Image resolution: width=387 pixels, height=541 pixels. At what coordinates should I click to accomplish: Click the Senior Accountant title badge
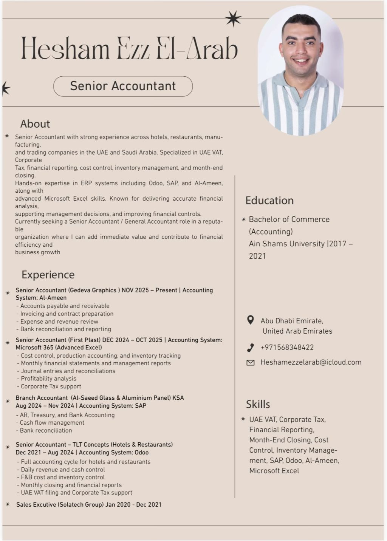coord(123,86)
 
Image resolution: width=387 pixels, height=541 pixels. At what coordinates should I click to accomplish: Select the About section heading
coord(35,124)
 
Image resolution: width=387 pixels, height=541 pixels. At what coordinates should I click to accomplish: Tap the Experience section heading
coord(48,275)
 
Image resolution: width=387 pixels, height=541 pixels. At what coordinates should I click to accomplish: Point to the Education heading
coord(269,200)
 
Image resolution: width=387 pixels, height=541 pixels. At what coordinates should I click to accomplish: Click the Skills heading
coord(258,404)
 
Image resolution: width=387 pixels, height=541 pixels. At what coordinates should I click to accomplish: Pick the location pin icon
coord(250,320)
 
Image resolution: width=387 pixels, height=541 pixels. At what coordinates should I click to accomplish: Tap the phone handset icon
coord(250,348)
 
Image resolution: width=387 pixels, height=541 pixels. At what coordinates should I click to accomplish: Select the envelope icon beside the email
coord(250,363)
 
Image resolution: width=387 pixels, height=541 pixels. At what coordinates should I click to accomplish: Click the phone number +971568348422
coord(287,348)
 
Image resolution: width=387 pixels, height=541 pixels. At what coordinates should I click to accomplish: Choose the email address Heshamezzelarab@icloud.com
coord(311,362)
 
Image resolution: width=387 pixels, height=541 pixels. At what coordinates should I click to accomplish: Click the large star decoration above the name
coord(233,19)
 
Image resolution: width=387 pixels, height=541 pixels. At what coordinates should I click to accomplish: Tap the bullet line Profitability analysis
coord(48,379)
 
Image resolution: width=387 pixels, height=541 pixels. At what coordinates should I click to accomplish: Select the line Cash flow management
coord(52,423)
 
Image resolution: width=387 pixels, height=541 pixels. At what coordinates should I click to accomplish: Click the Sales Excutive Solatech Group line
coord(89,505)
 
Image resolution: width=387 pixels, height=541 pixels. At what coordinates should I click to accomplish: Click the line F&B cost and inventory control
coord(63,477)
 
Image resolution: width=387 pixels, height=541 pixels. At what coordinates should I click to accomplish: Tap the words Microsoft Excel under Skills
coord(274,471)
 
